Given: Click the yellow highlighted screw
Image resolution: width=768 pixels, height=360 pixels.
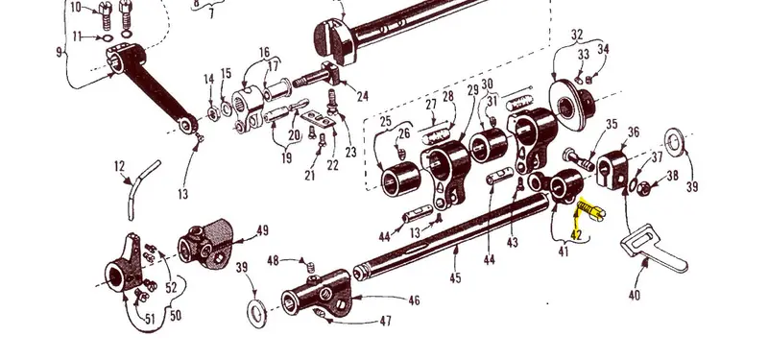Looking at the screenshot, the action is [591, 210].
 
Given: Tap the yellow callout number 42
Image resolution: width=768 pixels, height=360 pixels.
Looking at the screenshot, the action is [577, 235].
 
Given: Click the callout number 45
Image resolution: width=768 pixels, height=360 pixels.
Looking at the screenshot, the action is [455, 277].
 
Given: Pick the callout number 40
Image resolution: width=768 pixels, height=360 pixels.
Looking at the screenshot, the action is [635, 295].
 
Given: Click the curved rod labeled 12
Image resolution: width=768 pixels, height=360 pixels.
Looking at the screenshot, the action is [141, 188].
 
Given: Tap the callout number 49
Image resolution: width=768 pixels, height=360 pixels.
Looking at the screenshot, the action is [262, 230].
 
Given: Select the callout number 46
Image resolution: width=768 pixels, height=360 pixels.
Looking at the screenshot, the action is [414, 300].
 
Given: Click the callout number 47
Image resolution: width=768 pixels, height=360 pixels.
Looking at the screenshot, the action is [386, 322].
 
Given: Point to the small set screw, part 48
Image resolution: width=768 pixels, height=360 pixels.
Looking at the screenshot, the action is [310, 267].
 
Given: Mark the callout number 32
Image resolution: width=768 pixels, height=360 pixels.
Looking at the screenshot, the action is [578, 35].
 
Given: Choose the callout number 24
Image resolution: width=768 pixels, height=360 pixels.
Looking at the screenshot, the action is [363, 96].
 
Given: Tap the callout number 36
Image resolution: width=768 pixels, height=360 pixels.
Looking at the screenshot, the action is [634, 132].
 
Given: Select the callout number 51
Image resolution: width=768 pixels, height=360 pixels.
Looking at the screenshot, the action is [150, 320].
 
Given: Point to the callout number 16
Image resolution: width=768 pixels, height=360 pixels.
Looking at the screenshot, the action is [264, 53].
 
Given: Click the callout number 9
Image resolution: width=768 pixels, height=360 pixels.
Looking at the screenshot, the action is [60, 52].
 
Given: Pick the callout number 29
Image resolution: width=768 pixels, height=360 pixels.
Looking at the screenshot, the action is [472, 90].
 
